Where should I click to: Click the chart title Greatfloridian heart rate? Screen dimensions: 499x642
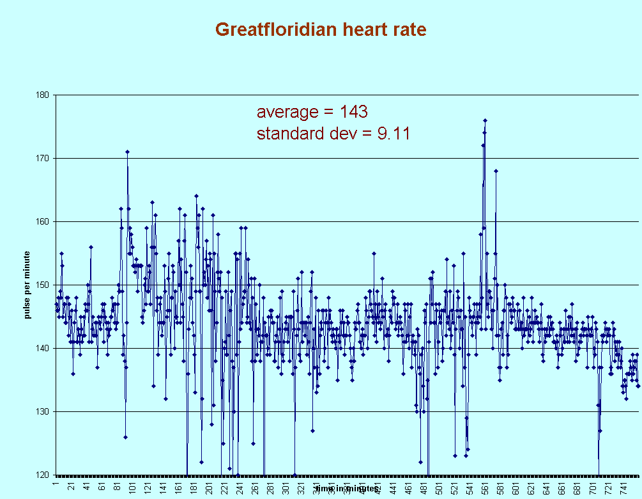tap(321, 29)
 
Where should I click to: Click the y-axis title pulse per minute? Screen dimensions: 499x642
tap(28, 285)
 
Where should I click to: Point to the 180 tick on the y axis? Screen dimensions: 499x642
tap(45, 95)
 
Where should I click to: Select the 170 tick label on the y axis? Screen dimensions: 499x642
tap(45, 159)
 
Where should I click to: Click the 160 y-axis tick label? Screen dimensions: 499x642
tap(45, 222)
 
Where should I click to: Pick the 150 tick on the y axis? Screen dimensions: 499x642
tap(45, 285)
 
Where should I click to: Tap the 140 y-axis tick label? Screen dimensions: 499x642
tap(45, 349)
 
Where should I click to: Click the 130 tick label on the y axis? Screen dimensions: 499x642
tap(45, 412)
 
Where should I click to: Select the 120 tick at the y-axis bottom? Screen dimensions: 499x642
tap(45, 475)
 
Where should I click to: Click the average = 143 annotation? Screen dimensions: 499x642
tap(312, 112)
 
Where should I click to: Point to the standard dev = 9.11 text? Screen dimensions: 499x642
tap(333, 134)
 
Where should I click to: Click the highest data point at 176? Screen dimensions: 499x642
tap(485, 120)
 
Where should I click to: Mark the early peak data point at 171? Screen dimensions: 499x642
tap(127, 152)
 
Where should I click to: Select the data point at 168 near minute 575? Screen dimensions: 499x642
tap(496, 171)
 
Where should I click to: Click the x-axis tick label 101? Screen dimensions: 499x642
tap(133, 487)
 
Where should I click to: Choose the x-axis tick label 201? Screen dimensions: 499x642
tap(210, 487)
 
